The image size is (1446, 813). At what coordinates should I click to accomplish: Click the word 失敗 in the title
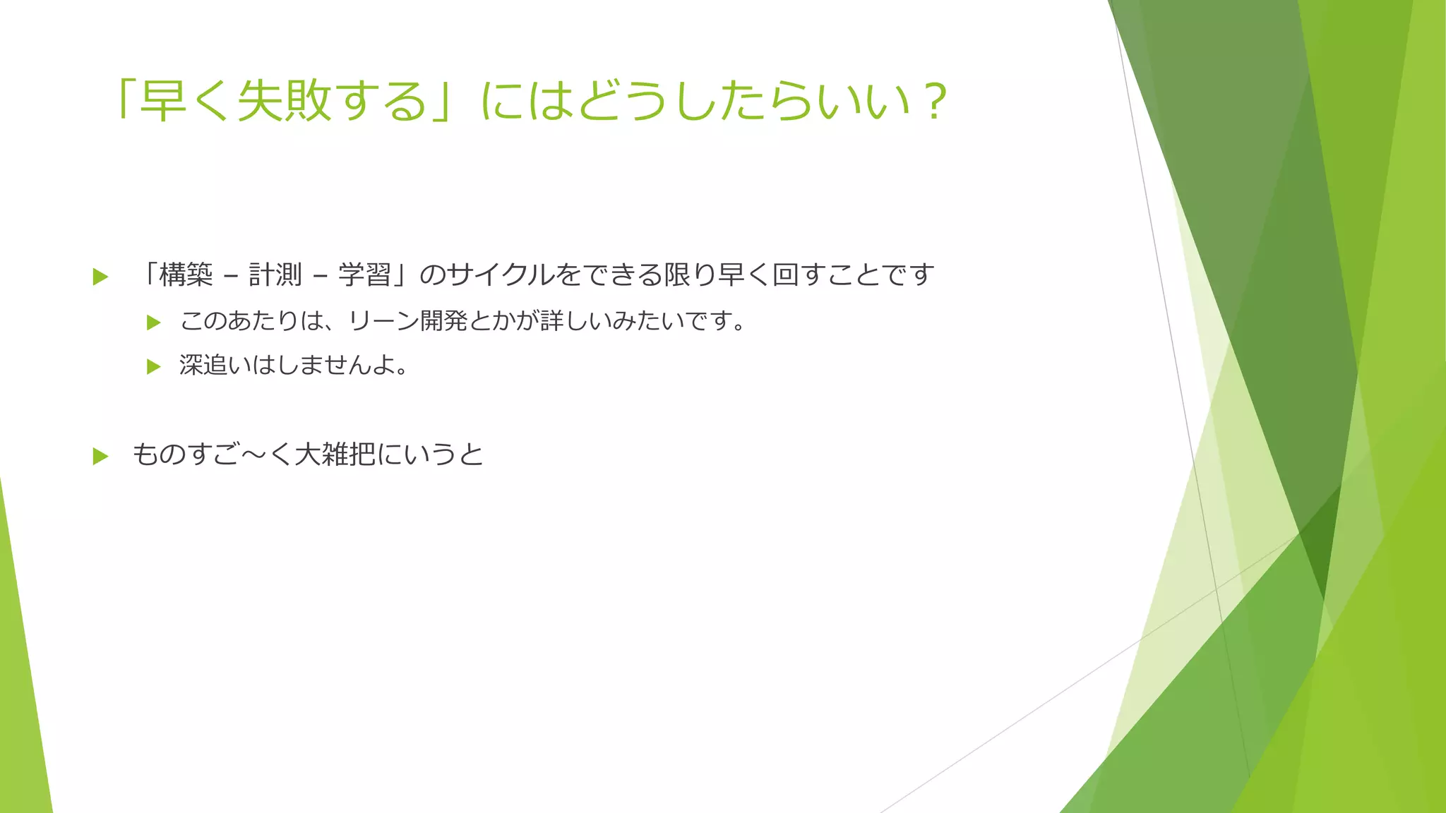coord(285,101)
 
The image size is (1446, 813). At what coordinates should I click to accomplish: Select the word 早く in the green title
coord(187,101)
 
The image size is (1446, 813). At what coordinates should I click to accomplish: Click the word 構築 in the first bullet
coord(186,275)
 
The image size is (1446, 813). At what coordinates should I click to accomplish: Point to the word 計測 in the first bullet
coord(275,275)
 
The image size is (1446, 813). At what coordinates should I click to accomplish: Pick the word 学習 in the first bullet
coord(365,275)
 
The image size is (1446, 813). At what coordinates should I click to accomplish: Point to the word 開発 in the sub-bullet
coord(443,321)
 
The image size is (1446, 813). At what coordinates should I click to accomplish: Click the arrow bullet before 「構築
coord(100,277)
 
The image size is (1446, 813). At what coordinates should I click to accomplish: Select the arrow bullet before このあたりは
coord(154,323)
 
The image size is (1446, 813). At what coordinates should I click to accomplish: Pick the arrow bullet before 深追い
coord(154,366)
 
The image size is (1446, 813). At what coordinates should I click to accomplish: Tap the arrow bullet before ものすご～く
coord(100,456)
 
